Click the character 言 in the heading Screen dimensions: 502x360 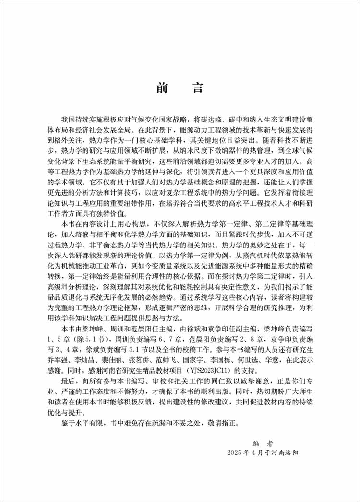pos(197,88)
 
